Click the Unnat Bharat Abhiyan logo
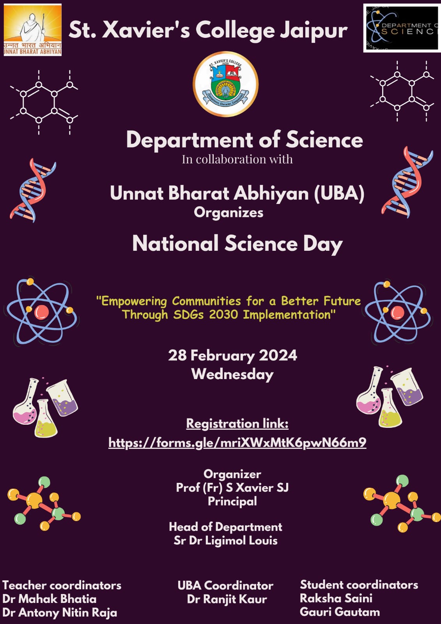coord(32,30)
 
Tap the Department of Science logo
coord(402,28)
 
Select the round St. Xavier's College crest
coord(225,84)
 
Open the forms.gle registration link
coord(237,442)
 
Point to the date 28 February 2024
coord(232,355)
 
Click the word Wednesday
coord(232,374)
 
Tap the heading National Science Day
coord(237,243)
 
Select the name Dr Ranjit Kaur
coord(227,599)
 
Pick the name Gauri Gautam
coord(340,612)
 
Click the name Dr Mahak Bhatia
coord(50,599)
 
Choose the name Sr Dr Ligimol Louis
coord(225,541)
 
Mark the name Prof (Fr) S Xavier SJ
coord(232,487)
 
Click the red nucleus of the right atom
coord(397,312)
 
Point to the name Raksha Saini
coord(336,598)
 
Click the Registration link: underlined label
coord(237,424)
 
